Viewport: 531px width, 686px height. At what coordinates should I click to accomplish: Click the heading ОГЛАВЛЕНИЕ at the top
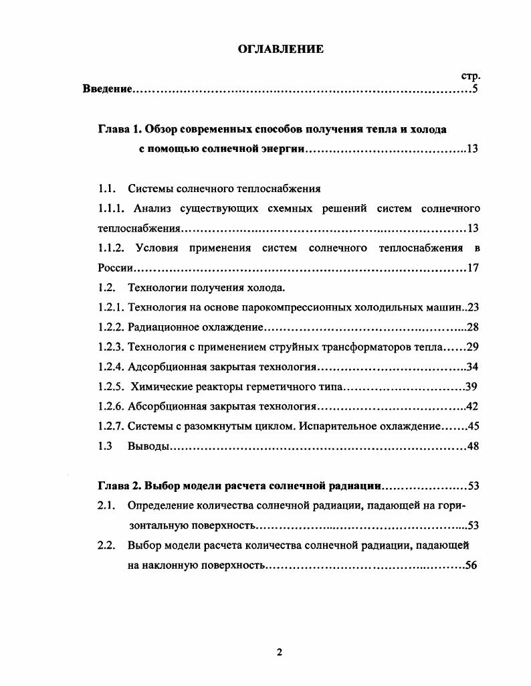pyautogui.click(x=281, y=49)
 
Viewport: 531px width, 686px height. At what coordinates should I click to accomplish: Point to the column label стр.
pyautogui.click(x=471, y=76)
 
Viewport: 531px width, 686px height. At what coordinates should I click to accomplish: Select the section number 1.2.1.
pyautogui.click(x=111, y=308)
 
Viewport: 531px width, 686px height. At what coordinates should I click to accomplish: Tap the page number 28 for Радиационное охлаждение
pyautogui.click(x=473, y=328)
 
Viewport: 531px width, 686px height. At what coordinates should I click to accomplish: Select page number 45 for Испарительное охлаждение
pyautogui.click(x=473, y=426)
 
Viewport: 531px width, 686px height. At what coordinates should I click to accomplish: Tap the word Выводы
pyautogui.click(x=146, y=446)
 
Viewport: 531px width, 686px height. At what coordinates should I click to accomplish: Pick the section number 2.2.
pyautogui.click(x=107, y=545)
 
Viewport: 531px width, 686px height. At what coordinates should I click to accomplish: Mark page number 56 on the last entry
pyautogui.click(x=471, y=566)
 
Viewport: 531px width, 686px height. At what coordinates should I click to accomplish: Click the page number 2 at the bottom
pyautogui.click(x=280, y=653)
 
